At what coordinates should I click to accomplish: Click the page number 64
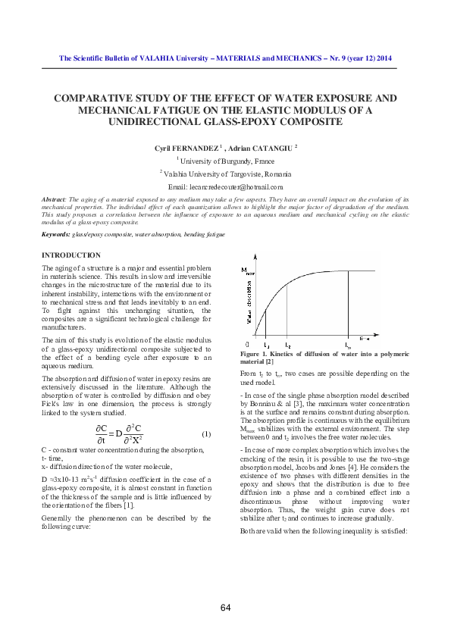tap(226, 608)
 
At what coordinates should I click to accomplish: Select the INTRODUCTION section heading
tap(70, 255)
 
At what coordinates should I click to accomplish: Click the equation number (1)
tap(205, 433)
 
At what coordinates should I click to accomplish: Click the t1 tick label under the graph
tap(266, 345)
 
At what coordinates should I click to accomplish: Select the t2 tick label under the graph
tap(287, 345)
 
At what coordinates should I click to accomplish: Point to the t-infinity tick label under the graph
tap(348, 346)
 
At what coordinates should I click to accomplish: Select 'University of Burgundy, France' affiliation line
tap(227, 161)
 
